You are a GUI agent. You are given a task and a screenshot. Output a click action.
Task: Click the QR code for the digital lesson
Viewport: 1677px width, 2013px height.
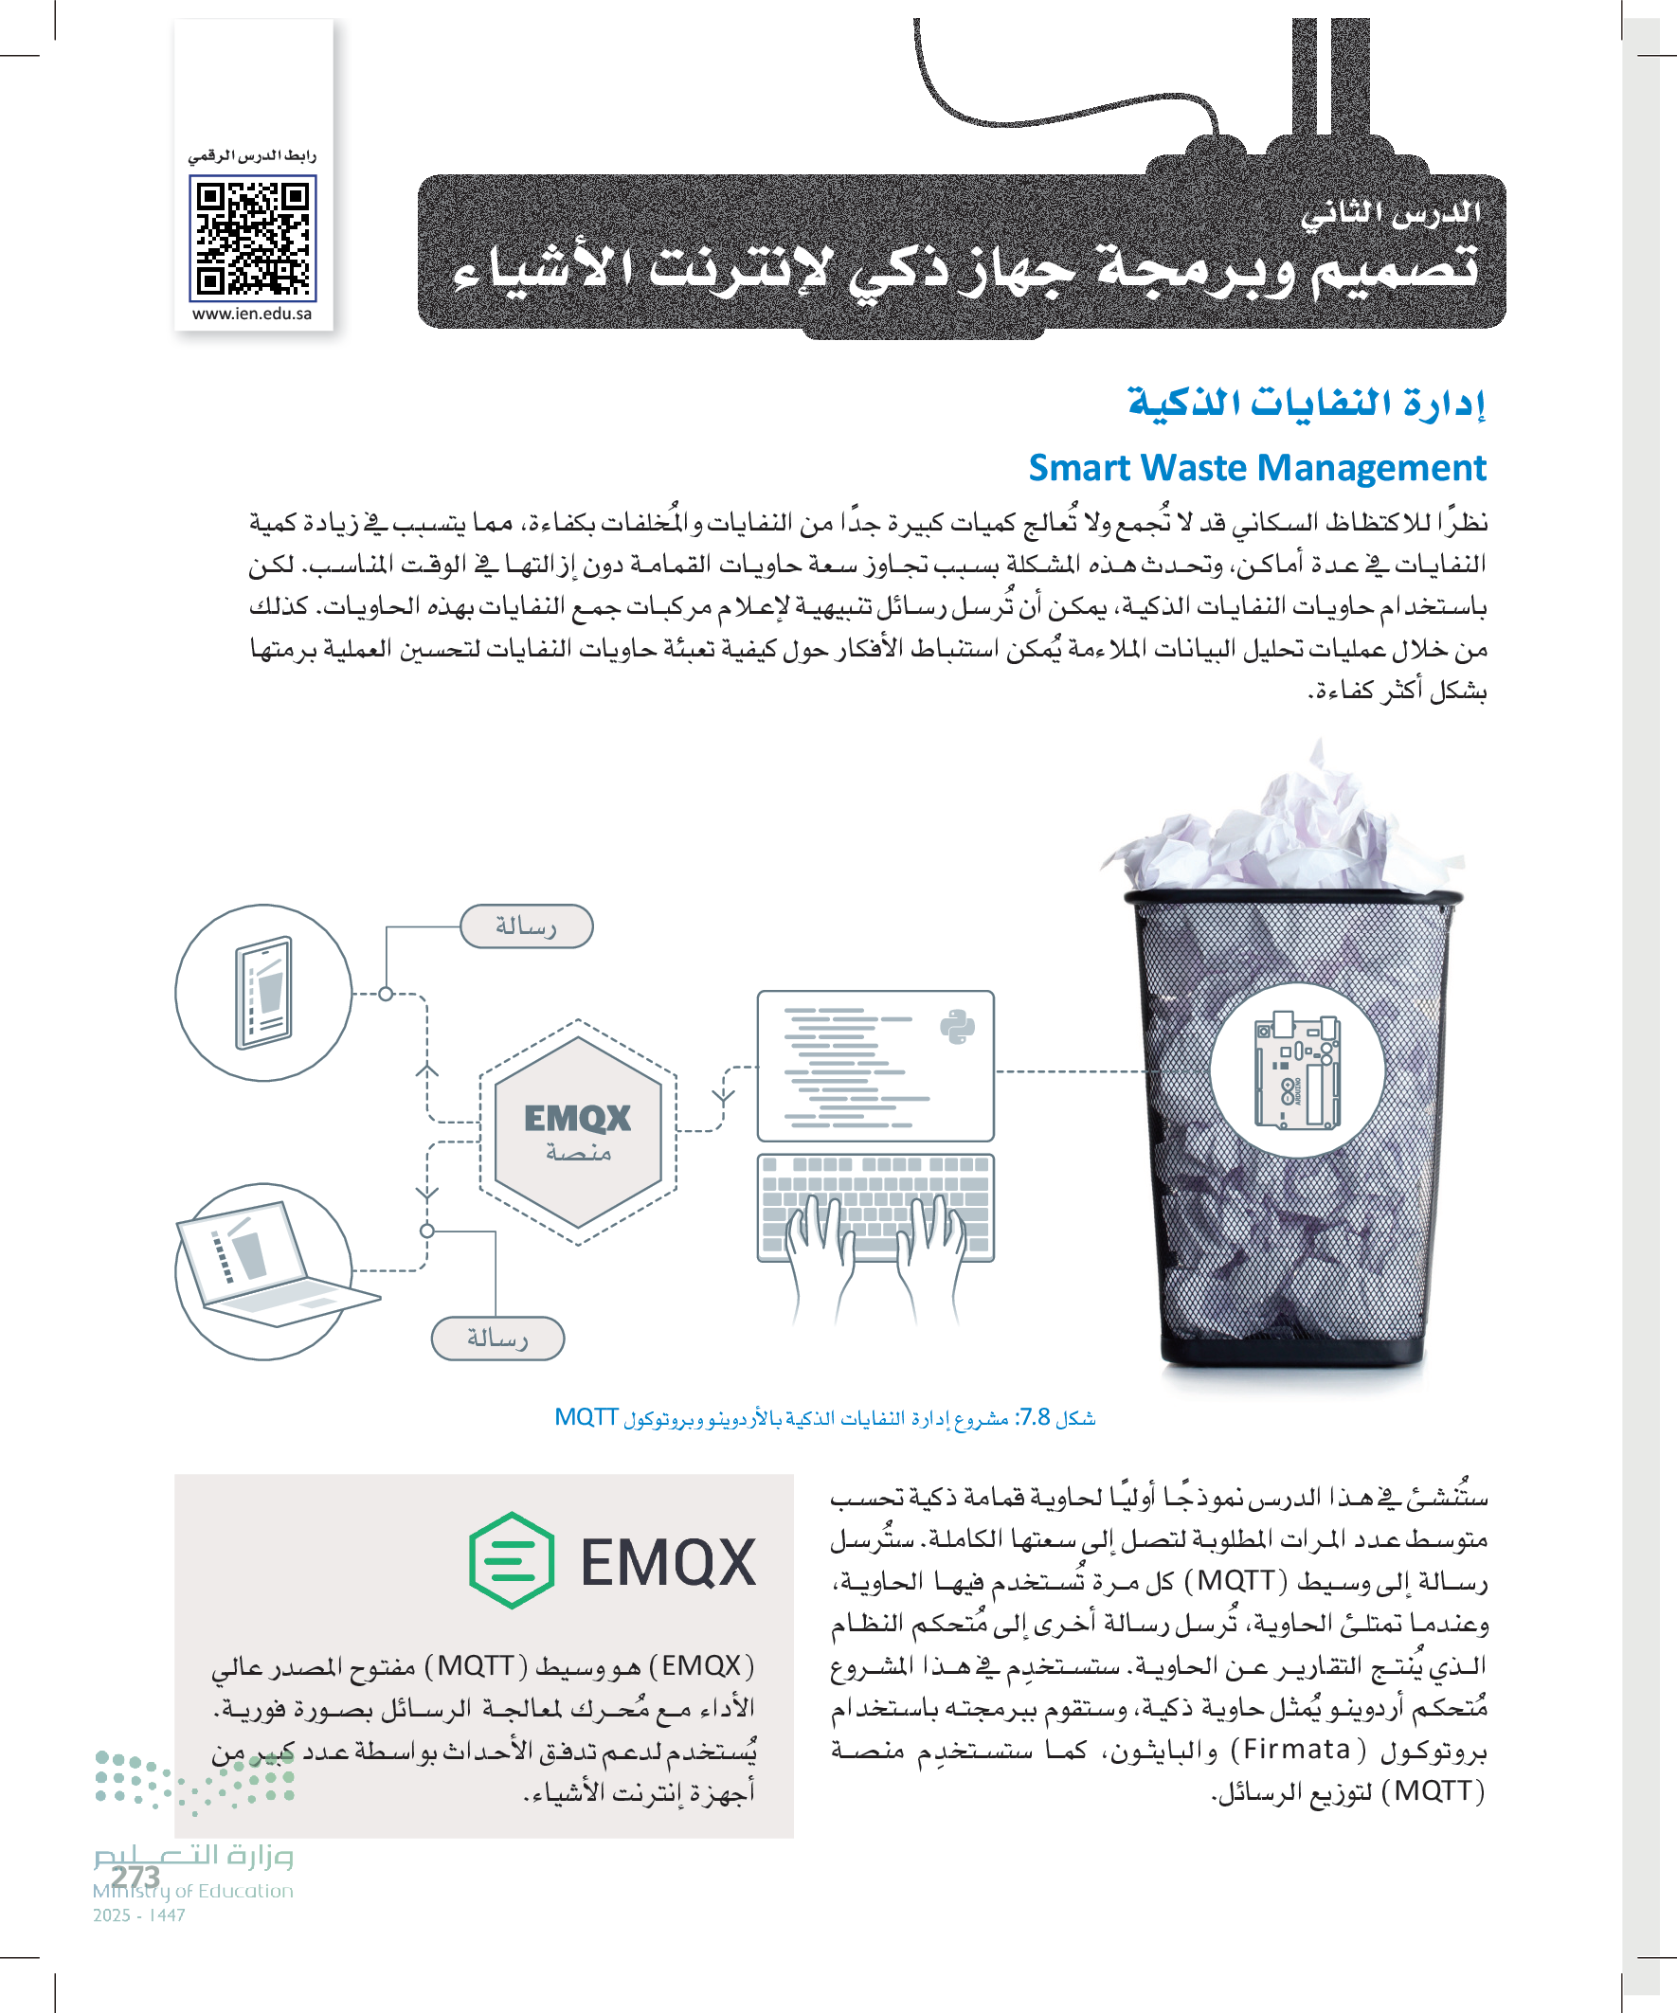coord(252,238)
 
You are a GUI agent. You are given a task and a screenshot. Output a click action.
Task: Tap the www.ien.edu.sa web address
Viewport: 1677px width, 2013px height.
coord(251,314)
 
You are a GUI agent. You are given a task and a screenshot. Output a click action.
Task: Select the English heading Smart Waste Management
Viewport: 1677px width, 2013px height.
coord(1256,468)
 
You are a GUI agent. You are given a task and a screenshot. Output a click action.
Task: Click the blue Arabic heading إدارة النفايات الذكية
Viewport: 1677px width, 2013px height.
coord(1306,403)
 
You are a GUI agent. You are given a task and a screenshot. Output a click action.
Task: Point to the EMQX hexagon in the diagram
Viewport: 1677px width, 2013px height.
coord(577,1131)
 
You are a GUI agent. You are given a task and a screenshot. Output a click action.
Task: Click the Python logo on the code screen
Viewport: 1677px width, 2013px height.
coord(956,1027)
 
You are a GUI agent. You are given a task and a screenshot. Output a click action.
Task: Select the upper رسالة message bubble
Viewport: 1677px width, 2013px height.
coord(527,926)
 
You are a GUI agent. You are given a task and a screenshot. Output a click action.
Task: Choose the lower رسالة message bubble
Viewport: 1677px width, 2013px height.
coord(497,1339)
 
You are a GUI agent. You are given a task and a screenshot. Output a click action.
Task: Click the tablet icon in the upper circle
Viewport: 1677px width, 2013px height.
coord(263,992)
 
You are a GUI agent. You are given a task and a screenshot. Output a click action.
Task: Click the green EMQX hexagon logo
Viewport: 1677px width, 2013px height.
coord(511,1559)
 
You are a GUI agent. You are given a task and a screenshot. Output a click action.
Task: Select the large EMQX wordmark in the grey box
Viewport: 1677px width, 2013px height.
coord(667,1562)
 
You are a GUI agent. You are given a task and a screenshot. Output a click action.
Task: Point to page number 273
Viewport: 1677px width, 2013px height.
coord(135,1876)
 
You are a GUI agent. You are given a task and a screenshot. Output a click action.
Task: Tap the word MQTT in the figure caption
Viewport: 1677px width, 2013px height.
coord(586,1418)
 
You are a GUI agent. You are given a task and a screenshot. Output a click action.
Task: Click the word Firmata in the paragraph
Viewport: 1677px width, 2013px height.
coord(1296,1750)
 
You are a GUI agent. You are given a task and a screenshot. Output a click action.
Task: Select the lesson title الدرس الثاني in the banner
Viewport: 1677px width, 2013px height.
coord(1390,213)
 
